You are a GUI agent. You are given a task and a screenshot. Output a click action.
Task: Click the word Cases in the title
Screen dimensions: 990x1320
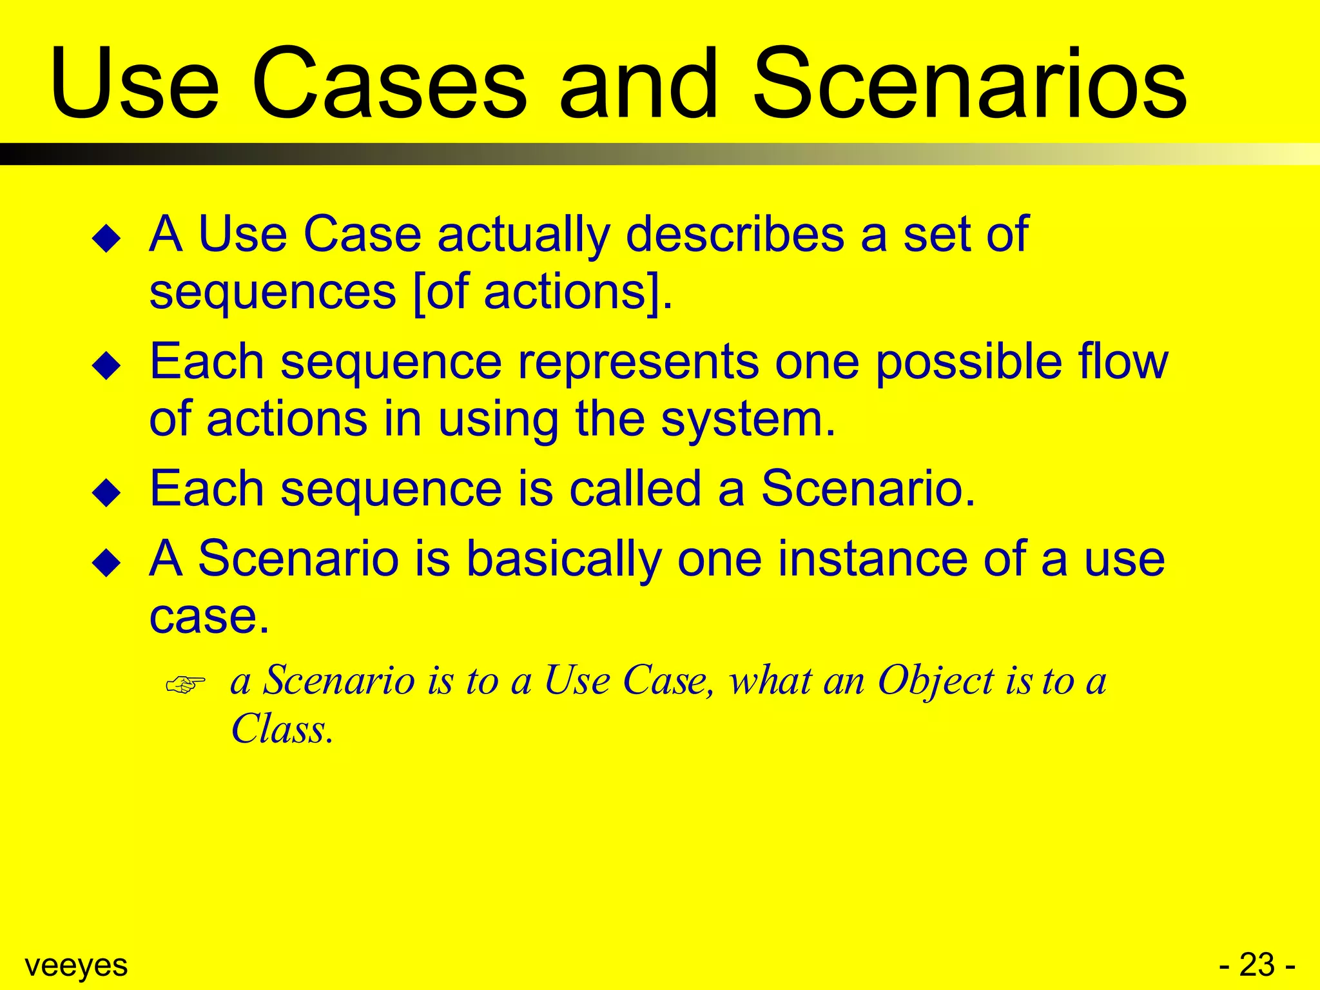click(x=389, y=84)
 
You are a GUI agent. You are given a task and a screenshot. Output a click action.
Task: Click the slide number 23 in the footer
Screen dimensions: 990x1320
click(x=1257, y=965)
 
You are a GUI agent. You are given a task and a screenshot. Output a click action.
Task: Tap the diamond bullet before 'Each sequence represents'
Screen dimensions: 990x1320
click(x=106, y=366)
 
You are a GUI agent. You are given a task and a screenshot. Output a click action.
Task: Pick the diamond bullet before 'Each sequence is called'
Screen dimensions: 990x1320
click(x=106, y=493)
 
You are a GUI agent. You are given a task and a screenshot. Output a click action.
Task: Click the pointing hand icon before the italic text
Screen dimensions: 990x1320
click(x=186, y=684)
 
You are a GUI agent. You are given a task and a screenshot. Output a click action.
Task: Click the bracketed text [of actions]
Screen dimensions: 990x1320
click(x=540, y=293)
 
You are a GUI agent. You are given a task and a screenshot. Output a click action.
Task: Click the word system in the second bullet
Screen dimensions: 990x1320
click(x=748, y=420)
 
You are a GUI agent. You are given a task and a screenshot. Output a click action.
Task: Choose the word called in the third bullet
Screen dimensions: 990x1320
click(x=635, y=489)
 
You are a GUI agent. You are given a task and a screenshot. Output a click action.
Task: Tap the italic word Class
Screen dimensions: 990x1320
click(x=282, y=729)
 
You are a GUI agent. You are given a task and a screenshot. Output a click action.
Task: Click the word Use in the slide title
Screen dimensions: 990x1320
click(x=134, y=84)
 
